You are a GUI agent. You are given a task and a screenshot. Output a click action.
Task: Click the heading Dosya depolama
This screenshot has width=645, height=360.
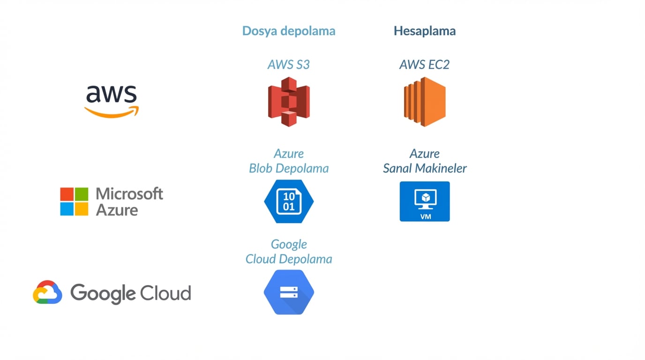pyautogui.click(x=288, y=31)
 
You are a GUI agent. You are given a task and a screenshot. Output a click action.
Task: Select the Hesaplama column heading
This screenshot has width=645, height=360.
pyautogui.click(x=424, y=31)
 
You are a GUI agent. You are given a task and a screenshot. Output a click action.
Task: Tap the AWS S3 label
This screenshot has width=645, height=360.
pyautogui.click(x=288, y=65)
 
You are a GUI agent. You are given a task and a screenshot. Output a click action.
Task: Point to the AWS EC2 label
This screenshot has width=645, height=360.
pyautogui.click(x=424, y=65)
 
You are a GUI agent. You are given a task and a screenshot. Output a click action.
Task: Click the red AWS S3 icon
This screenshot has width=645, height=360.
pyautogui.click(x=289, y=102)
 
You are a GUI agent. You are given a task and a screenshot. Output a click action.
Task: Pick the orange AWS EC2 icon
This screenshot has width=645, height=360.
pyautogui.click(x=425, y=102)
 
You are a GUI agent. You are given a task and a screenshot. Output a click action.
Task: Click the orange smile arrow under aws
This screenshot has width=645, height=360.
pyautogui.click(x=112, y=112)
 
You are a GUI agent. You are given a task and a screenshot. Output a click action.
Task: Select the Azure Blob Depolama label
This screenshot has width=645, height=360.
pyautogui.click(x=289, y=161)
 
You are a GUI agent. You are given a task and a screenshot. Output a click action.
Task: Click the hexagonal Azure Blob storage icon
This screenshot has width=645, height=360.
pyautogui.click(x=289, y=202)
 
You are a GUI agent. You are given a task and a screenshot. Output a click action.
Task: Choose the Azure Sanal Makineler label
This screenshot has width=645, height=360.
pyautogui.click(x=425, y=161)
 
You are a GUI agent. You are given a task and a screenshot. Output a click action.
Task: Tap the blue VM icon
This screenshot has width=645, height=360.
pyautogui.click(x=425, y=202)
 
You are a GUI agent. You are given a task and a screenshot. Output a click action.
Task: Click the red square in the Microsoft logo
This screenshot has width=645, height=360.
pyautogui.click(x=67, y=195)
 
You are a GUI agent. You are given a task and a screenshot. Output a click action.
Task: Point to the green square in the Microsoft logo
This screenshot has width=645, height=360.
pyautogui.click(x=82, y=195)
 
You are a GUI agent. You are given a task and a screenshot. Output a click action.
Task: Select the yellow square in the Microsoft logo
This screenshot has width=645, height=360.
pyautogui.click(x=82, y=209)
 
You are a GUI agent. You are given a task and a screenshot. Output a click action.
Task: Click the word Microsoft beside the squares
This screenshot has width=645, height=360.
pyautogui.click(x=129, y=194)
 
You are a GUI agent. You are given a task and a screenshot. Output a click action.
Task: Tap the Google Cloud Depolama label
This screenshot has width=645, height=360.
pyautogui.click(x=289, y=252)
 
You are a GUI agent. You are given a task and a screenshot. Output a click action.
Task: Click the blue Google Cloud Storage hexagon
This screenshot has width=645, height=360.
pyautogui.click(x=289, y=292)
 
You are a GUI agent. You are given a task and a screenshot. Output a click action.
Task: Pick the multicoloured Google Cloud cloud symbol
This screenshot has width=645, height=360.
pyautogui.click(x=47, y=292)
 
